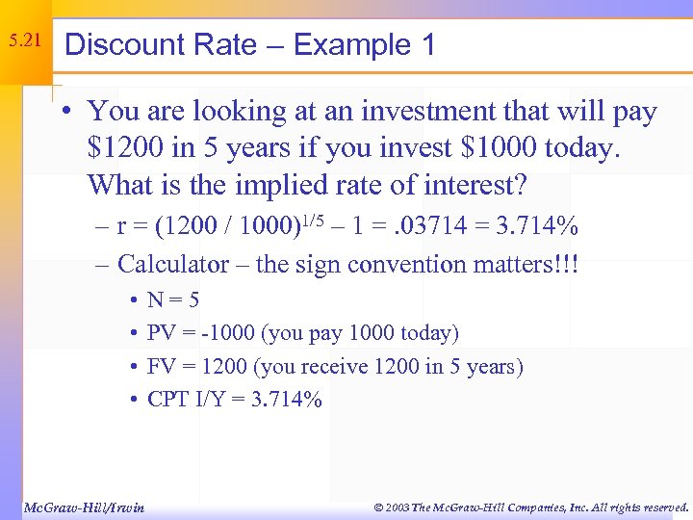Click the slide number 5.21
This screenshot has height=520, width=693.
pyautogui.click(x=24, y=41)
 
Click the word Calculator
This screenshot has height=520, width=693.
pyautogui.click(x=173, y=264)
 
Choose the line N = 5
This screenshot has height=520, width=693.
pyautogui.click(x=173, y=300)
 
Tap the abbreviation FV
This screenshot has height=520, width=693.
pyautogui.click(x=161, y=366)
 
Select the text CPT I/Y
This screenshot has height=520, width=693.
pyautogui.click(x=189, y=399)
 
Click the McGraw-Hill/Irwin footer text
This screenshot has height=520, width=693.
pyautogui.click(x=83, y=507)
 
